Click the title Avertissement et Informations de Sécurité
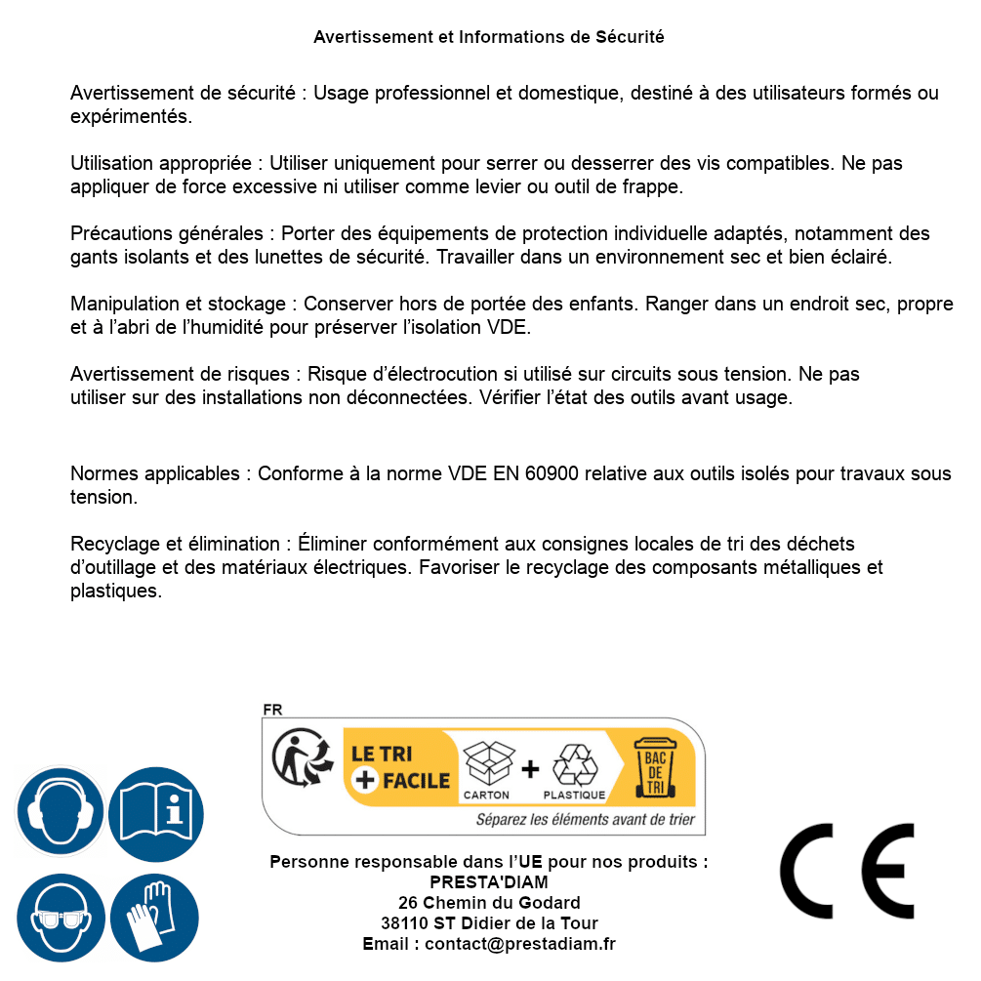click(488, 37)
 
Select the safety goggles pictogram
click(60, 918)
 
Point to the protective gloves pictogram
click(155, 918)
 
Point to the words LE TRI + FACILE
click(400, 767)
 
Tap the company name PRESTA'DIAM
click(488, 882)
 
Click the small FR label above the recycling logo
click(272, 710)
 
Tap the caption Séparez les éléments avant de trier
click(585, 819)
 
